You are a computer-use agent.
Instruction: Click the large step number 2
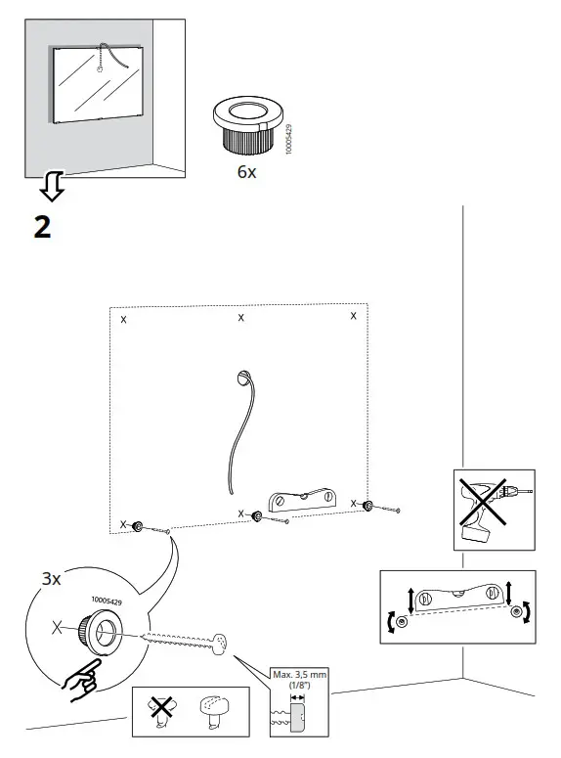(43, 226)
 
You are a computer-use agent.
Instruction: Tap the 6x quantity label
(246, 172)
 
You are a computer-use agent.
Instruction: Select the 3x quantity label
(51, 579)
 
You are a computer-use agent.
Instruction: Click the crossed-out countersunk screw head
(161, 711)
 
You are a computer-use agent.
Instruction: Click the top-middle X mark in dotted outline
(241, 318)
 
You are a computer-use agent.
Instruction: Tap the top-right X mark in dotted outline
(353, 316)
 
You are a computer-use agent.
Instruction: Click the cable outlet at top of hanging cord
(243, 378)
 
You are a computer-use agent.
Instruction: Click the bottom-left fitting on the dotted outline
(141, 526)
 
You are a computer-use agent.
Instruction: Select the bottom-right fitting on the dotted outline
(368, 506)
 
